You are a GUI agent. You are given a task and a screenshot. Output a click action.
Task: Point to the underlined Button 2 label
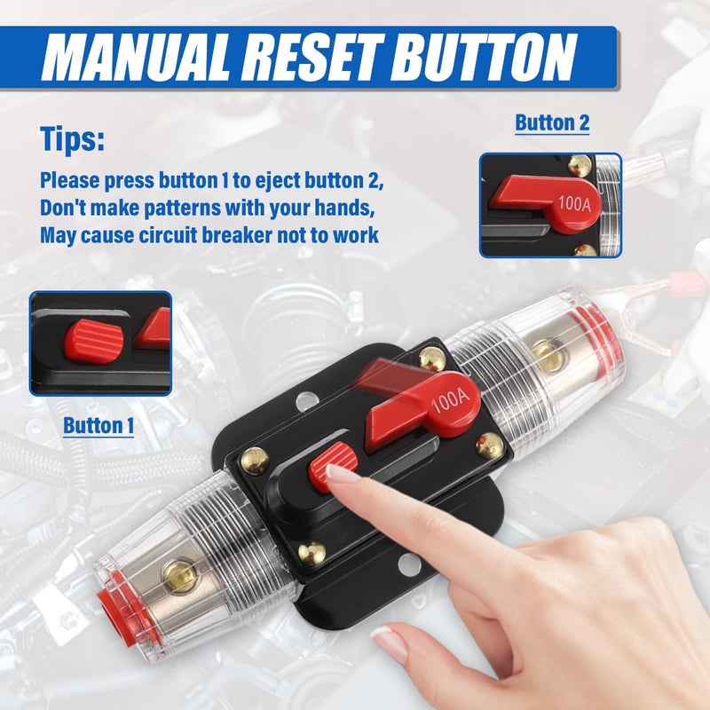pos(552,122)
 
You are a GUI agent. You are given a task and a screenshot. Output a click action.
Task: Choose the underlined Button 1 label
pos(99,425)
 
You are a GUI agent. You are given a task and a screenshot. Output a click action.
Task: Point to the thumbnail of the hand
pos(388,641)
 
